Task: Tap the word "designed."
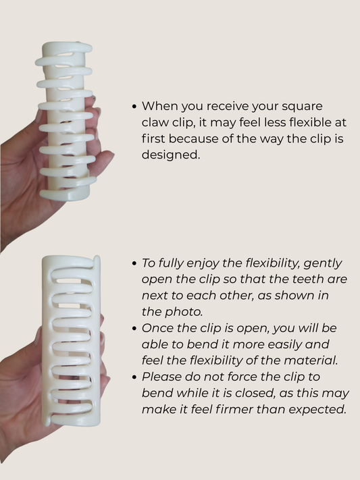click(x=171, y=155)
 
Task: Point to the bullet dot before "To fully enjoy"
click(x=134, y=263)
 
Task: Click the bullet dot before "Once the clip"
click(x=134, y=329)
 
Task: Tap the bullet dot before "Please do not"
click(x=134, y=377)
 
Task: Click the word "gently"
click(x=322, y=264)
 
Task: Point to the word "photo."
click(x=184, y=312)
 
